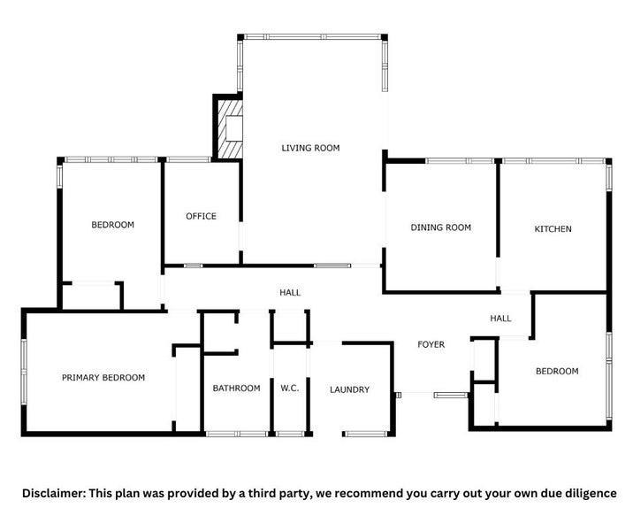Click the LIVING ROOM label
[x=310, y=148]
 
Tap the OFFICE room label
[x=201, y=216]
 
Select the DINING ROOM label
[x=440, y=227]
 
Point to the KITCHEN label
[x=553, y=229]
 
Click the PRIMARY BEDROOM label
[x=103, y=378]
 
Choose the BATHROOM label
[x=236, y=389]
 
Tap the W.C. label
[x=290, y=389]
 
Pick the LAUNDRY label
[x=349, y=389]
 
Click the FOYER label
[x=431, y=344]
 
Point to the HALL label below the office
[x=290, y=292]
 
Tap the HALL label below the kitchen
[x=500, y=319]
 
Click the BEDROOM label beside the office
[x=113, y=225]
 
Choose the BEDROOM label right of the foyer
[x=557, y=371]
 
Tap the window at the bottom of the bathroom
[x=236, y=434]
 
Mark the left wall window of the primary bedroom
[x=24, y=371]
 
